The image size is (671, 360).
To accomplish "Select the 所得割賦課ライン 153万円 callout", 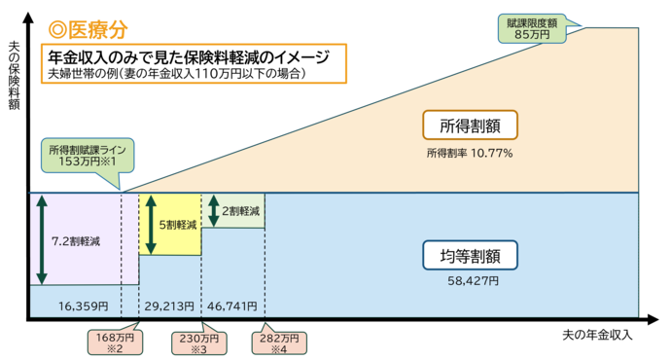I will pyautogui.click(x=88, y=156).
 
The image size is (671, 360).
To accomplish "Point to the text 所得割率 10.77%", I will pyautogui.click(x=469, y=153).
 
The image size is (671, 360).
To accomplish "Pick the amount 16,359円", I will pyautogui.click(x=82, y=306).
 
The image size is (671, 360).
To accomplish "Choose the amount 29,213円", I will pyautogui.click(x=169, y=306).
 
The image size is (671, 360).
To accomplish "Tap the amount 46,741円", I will pyautogui.click(x=231, y=306).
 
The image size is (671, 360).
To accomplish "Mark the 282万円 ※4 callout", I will pyautogui.click(x=279, y=342).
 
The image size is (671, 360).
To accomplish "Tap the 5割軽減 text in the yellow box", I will pyautogui.click(x=179, y=224).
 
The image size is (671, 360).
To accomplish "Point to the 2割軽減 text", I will pyautogui.click(x=242, y=210).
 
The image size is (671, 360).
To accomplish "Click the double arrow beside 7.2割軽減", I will pyautogui.click(x=41, y=239).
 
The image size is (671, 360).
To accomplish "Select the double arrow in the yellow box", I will pyautogui.click(x=151, y=224).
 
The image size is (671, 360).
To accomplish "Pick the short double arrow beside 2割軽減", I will pyautogui.click(x=213, y=210).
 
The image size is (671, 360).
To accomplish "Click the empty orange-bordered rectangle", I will pyautogui.click(x=194, y=64).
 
